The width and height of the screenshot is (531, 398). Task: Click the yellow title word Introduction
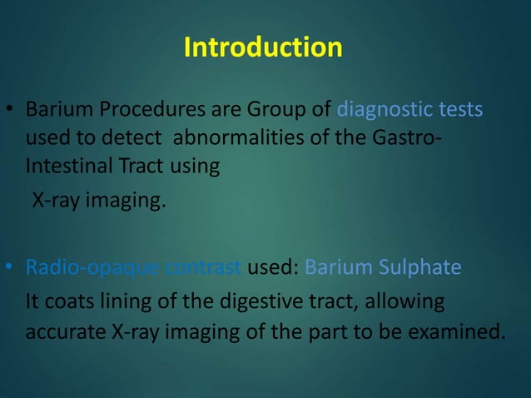[262, 47]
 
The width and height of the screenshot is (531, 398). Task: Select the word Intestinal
[67, 166]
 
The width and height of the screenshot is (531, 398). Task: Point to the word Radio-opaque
[91, 269]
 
